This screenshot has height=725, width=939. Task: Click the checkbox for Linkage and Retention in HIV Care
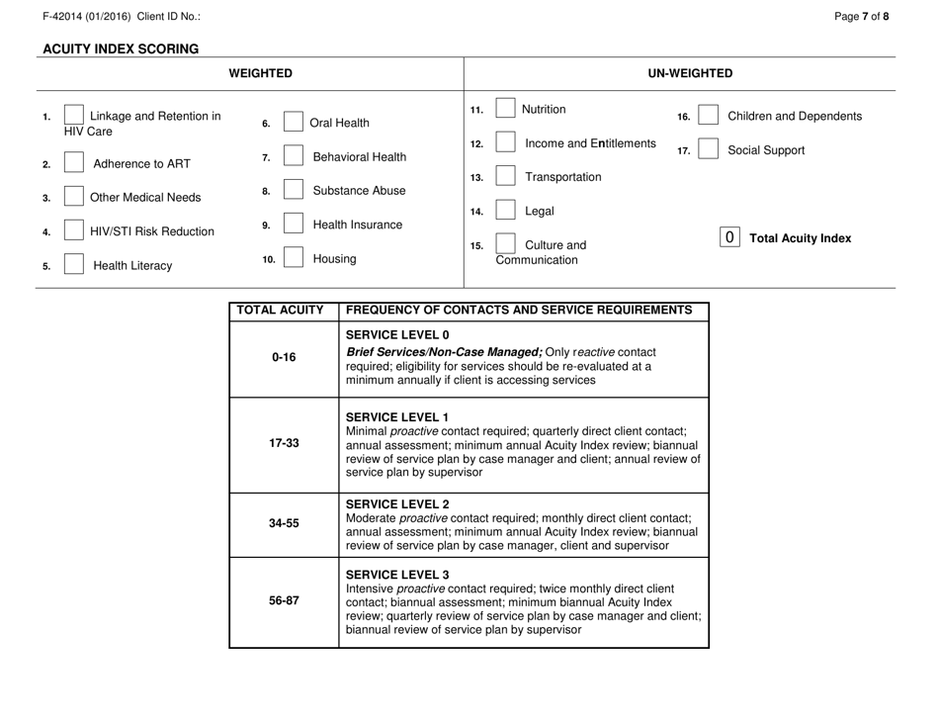pyautogui.click(x=73, y=116)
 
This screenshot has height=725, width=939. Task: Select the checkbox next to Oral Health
pyautogui.click(x=293, y=124)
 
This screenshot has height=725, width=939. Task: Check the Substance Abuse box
pyautogui.click(x=293, y=190)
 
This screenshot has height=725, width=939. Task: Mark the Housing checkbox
pyautogui.click(x=293, y=259)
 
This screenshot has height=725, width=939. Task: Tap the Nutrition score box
pyautogui.click(x=503, y=109)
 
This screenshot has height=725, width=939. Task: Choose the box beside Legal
pyautogui.click(x=503, y=210)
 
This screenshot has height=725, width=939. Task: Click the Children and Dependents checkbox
pyautogui.click(x=709, y=117)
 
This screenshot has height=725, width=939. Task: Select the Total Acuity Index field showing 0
pyautogui.click(x=729, y=238)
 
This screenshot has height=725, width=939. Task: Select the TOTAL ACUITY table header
pyautogui.click(x=283, y=310)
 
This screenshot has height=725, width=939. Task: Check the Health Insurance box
pyautogui.click(x=293, y=225)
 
